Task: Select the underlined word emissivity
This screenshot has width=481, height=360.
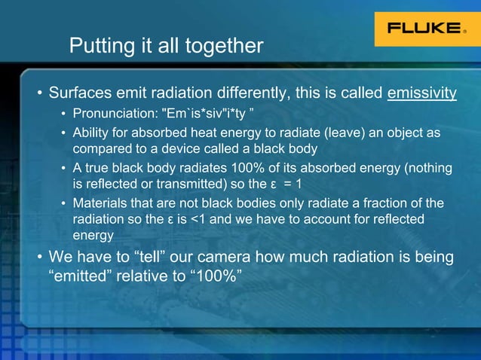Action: [x=422, y=94]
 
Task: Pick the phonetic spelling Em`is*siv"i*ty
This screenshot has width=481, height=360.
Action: [x=199, y=114]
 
